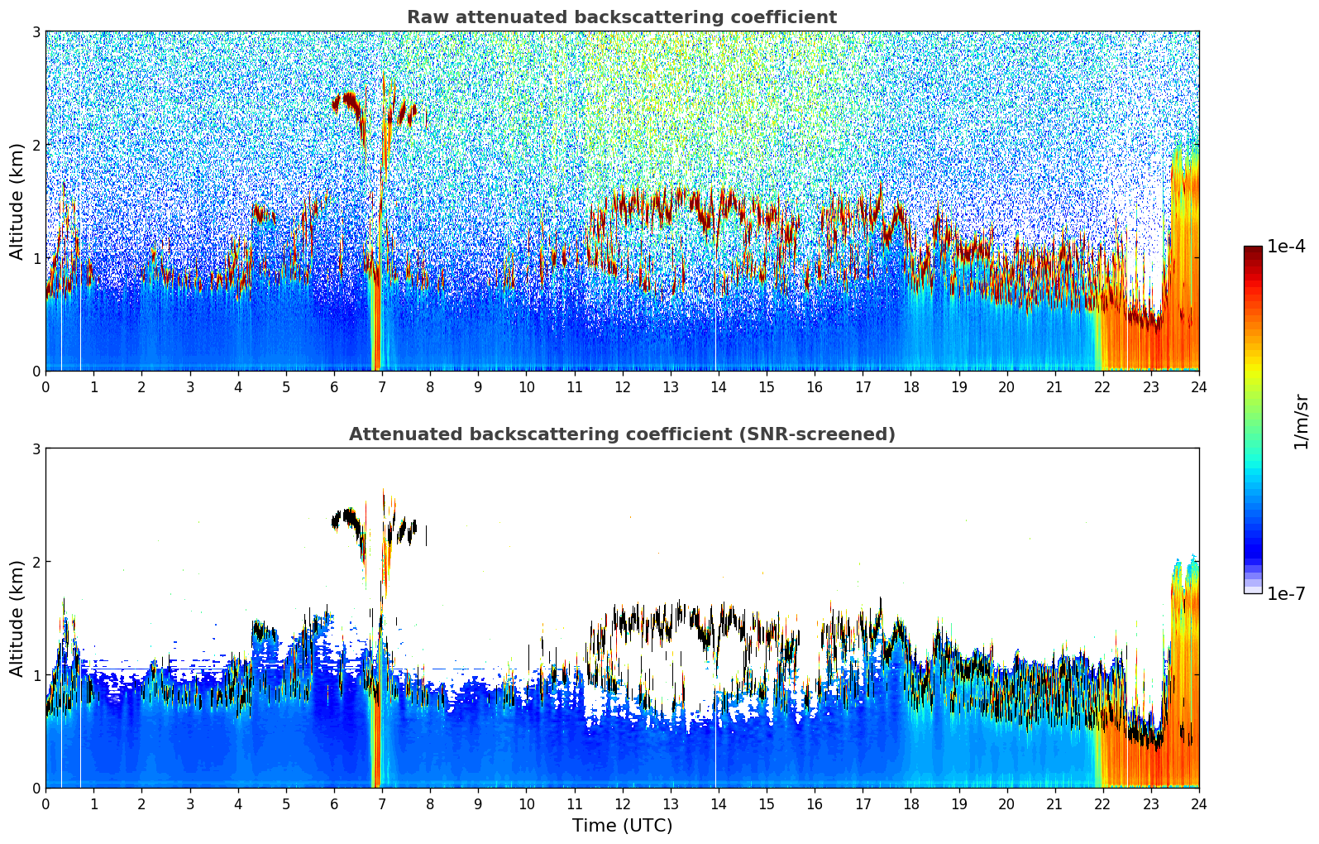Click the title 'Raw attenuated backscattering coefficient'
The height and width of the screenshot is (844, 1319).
tap(621, 17)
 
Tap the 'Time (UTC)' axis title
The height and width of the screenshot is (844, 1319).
tap(622, 825)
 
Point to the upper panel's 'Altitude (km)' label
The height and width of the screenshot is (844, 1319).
tap(17, 201)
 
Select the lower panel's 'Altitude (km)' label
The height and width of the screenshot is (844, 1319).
tap(17, 618)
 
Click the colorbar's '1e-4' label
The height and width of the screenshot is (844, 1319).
tap(1286, 247)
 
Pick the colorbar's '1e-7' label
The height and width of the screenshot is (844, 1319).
tap(1286, 593)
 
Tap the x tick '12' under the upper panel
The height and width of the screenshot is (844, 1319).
tap(622, 386)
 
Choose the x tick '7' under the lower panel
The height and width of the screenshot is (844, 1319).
tap(382, 803)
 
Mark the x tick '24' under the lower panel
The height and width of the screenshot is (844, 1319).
tap(1198, 803)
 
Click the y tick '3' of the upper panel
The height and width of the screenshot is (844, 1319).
tap(36, 31)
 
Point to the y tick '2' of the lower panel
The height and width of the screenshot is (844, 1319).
tap(36, 562)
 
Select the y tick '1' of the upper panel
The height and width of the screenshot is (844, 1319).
tap(36, 258)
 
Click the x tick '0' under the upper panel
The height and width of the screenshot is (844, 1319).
tap(45, 386)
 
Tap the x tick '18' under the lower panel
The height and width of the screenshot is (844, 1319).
tap(910, 803)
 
